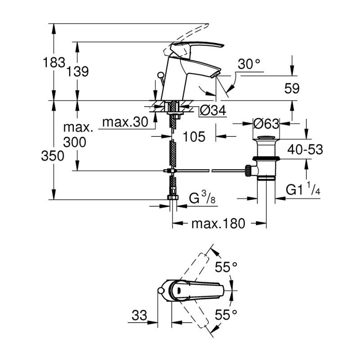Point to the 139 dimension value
click(x=78, y=71)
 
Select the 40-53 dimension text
click(x=306, y=149)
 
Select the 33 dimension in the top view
click(x=140, y=316)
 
